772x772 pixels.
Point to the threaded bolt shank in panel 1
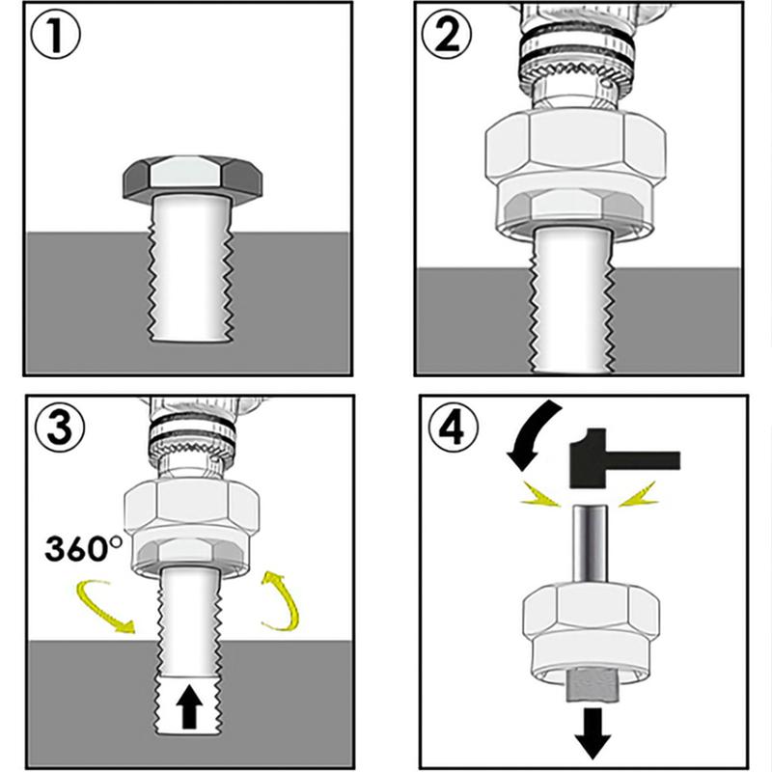coord(192,270)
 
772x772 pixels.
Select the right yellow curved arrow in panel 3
coord(284,600)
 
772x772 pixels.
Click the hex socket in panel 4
coord(591,627)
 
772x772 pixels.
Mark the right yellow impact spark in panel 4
coord(639,496)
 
